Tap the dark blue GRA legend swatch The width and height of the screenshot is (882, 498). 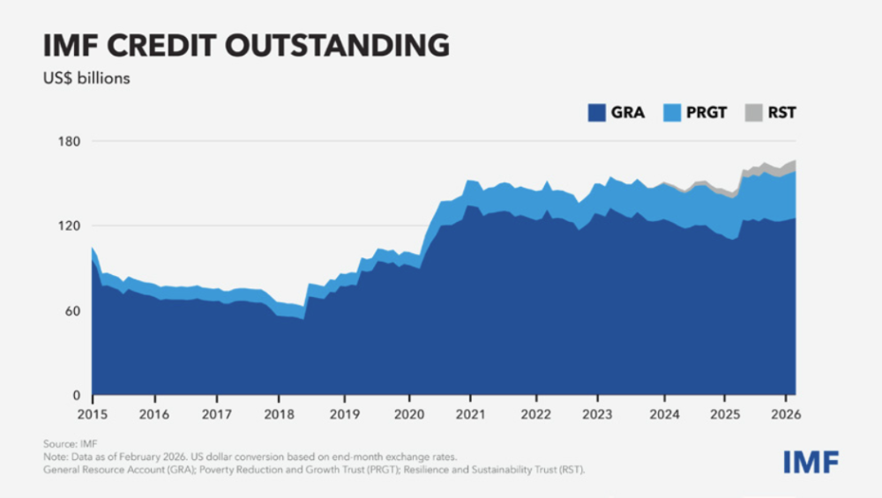pos(597,113)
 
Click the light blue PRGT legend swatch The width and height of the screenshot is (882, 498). pos(669,113)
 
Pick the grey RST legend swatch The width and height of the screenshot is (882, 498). pos(751,113)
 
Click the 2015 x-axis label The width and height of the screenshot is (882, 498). pos(92,413)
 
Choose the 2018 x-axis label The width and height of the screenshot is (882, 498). pos(280,413)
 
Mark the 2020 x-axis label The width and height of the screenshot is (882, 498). pos(409,413)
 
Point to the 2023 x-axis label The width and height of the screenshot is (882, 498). pos(599,413)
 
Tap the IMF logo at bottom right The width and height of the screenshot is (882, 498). pos(811,461)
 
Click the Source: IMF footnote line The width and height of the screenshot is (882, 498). pos(71,443)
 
